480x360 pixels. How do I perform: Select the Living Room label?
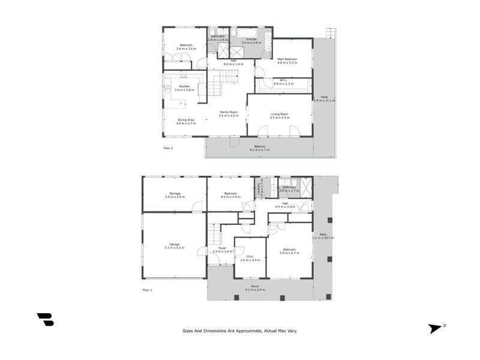[x=280, y=114]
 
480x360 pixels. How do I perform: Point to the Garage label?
[x=174, y=244]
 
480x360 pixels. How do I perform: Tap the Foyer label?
[x=221, y=248]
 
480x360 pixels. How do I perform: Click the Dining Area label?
[x=186, y=120]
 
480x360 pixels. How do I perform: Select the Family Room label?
[x=229, y=112]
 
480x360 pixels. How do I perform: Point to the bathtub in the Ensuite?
[x=246, y=33]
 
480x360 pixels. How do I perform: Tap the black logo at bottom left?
[x=45, y=319]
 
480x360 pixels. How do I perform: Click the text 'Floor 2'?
[x=168, y=147]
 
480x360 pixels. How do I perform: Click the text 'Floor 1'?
[x=148, y=289]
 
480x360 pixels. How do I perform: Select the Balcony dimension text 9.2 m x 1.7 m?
[x=260, y=149]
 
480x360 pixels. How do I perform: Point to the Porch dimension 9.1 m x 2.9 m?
[x=255, y=290]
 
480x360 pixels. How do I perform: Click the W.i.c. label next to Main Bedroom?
[x=281, y=81]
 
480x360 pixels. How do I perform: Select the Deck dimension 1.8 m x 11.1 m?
[x=324, y=101]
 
